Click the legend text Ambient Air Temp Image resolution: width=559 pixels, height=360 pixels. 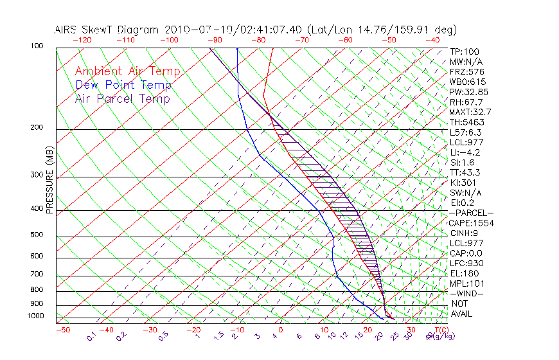coord(127,71)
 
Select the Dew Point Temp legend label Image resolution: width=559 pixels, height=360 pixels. coord(123,85)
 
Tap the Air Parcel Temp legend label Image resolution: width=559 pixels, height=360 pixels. coord(122,98)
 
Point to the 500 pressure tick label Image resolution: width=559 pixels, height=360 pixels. coord(37,235)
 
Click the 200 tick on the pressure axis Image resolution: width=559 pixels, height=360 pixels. coord(37,128)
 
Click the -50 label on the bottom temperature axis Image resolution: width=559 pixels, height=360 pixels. coord(62,330)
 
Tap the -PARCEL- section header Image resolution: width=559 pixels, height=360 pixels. coord(472,213)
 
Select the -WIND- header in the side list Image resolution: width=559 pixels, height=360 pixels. coord(466,293)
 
